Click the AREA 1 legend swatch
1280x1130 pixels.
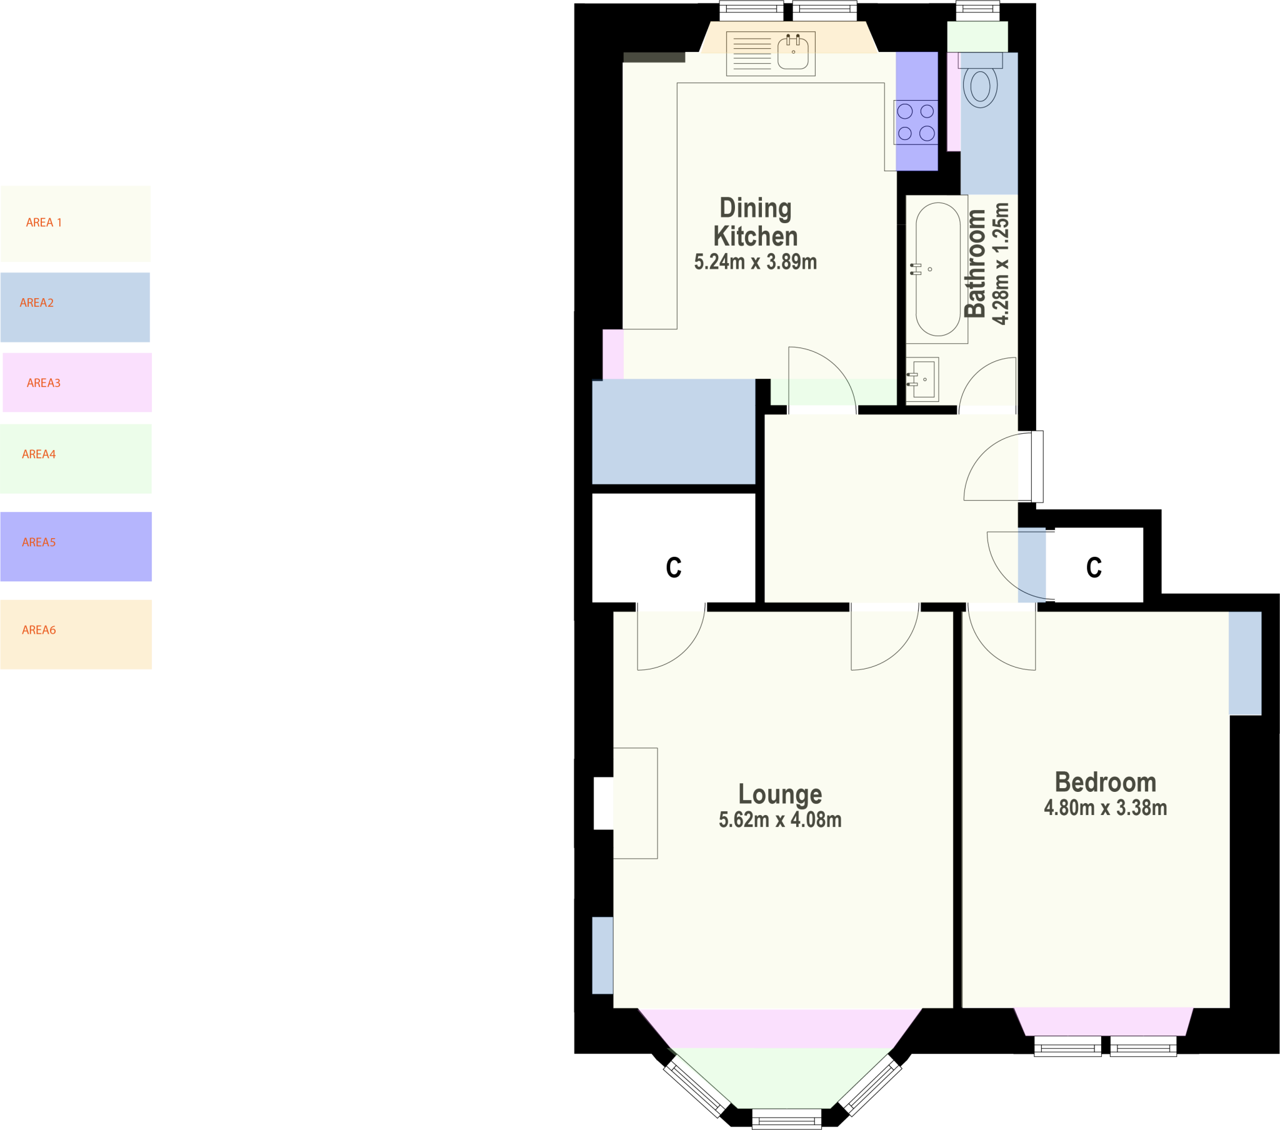click(x=75, y=223)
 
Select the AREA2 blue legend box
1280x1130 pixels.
click(x=75, y=307)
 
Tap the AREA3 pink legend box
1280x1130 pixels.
click(x=77, y=382)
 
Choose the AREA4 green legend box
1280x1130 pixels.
click(x=76, y=459)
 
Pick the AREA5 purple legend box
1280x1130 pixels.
click(x=76, y=546)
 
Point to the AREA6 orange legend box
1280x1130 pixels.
click(x=76, y=634)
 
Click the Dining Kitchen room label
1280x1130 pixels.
click(x=755, y=222)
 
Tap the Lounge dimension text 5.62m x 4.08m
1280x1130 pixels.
click(x=779, y=820)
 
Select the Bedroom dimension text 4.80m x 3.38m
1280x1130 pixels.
click(x=1105, y=808)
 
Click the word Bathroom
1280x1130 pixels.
click(x=975, y=264)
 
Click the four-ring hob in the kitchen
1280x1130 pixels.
click(x=916, y=122)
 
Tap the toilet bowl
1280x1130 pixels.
click(x=980, y=86)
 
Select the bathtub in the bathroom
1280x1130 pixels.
click(x=937, y=269)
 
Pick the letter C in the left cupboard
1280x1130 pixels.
click(x=673, y=567)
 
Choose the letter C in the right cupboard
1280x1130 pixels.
click(x=1093, y=567)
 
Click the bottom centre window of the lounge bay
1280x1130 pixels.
click(x=786, y=1118)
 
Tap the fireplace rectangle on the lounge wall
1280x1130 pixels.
click(x=635, y=803)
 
